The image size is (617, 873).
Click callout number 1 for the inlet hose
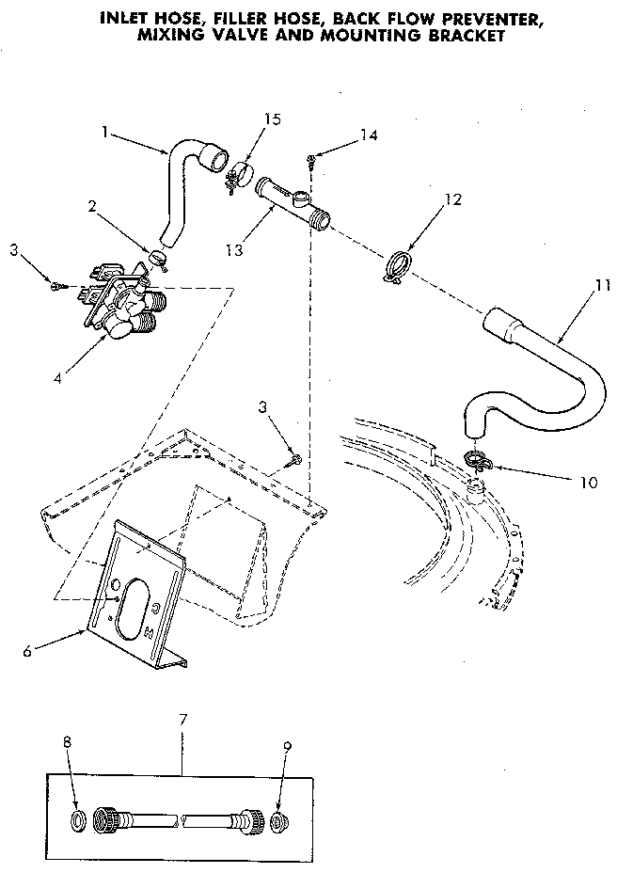(105, 132)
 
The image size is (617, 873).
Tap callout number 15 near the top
(273, 119)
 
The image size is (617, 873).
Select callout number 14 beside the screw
(369, 135)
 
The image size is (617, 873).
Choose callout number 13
(234, 251)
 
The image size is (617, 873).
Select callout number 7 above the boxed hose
(183, 720)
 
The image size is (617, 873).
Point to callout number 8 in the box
(68, 743)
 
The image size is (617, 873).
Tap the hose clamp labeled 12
(399, 265)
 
